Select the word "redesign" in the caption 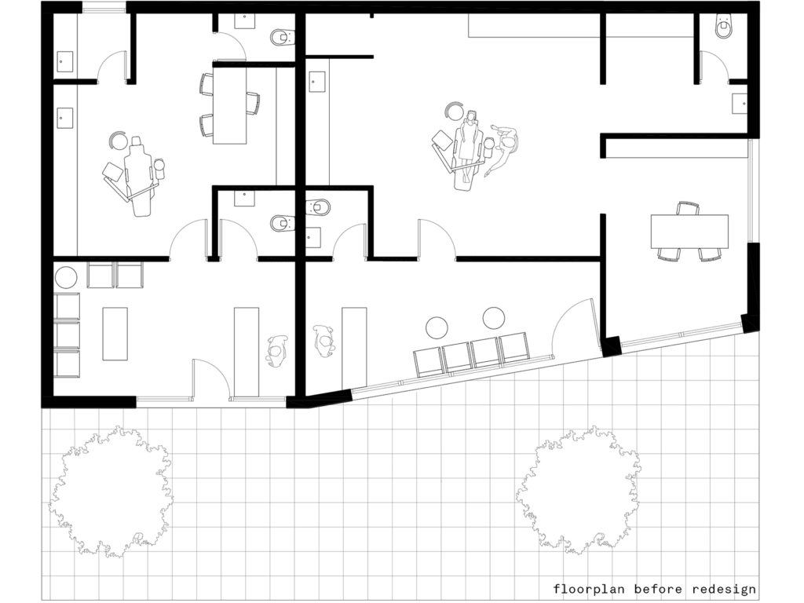pyautogui.click(x=723, y=589)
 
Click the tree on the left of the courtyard pyautogui.click(x=111, y=492)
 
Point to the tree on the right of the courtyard pyautogui.click(x=578, y=490)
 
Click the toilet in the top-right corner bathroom pyautogui.click(x=724, y=27)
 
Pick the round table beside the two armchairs pyautogui.click(x=66, y=277)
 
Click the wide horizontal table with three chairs pyautogui.click(x=689, y=232)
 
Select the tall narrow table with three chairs pyautogui.click(x=229, y=106)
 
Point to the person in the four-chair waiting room pyautogui.click(x=324, y=341)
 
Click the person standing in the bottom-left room pyautogui.click(x=277, y=351)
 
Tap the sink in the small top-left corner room pyautogui.click(x=65, y=61)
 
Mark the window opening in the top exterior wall pyautogui.click(x=104, y=8)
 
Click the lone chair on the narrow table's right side pyautogui.click(x=253, y=103)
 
